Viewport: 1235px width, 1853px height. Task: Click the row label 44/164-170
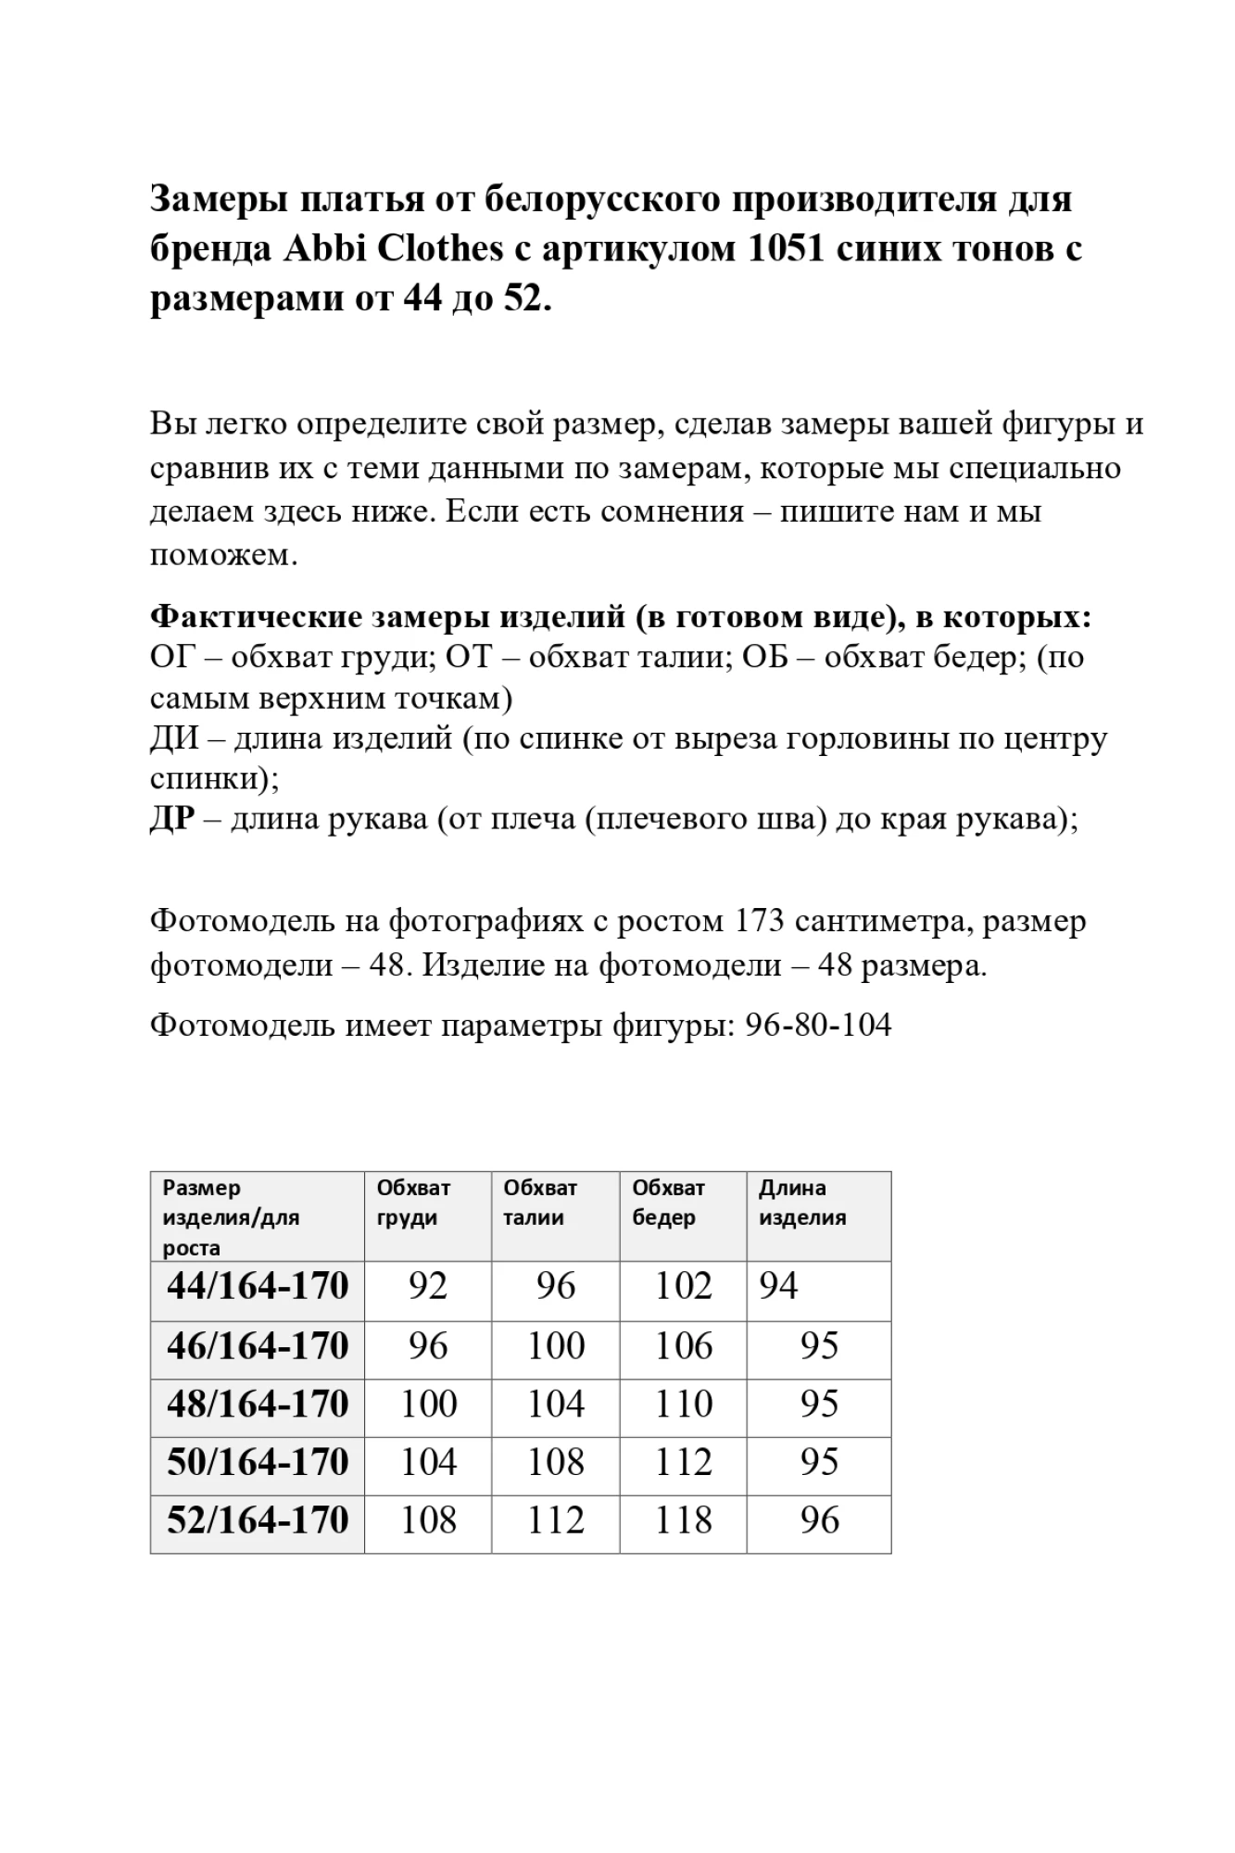click(x=258, y=1287)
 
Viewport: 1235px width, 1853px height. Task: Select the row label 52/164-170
click(x=258, y=1521)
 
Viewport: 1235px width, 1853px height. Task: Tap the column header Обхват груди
click(x=413, y=1203)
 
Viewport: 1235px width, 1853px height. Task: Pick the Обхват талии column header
click(x=540, y=1203)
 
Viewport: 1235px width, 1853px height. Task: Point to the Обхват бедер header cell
click(x=668, y=1203)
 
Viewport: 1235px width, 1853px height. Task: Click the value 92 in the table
click(x=428, y=1287)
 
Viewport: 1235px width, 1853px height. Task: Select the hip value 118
click(x=684, y=1521)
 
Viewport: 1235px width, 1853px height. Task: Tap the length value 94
click(x=778, y=1287)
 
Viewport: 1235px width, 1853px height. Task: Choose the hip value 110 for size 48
click(x=684, y=1405)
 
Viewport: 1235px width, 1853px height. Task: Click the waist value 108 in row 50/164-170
click(x=556, y=1463)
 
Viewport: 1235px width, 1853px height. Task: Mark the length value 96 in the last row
click(x=820, y=1521)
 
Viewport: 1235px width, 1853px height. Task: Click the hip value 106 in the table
click(x=684, y=1346)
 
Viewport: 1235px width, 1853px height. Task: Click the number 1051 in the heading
click(x=786, y=248)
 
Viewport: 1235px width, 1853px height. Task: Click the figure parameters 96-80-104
click(x=818, y=1025)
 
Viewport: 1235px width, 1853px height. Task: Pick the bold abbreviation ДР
click(x=172, y=819)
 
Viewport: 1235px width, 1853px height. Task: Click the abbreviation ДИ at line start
click(x=174, y=738)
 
